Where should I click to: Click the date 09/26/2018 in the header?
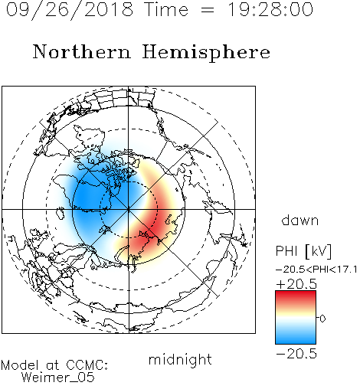click(70, 10)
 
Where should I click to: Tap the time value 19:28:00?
click(270, 9)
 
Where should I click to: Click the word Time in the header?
click(166, 9)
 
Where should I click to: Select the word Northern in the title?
click(82, 51)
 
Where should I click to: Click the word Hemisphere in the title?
click(206, 53)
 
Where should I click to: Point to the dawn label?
click(300, 220)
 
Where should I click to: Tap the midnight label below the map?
click(180, 360)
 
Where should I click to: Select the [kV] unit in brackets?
click(319, 251)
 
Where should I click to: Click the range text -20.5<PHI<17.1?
click(316, 270)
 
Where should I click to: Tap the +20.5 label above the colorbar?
click(296, 284)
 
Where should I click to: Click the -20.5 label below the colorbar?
click(296, 354)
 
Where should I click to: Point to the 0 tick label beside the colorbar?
click(322, 319)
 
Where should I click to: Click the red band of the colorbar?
click(296, 297)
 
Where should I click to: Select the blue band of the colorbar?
click(296, 337)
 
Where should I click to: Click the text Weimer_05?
click(58, 378)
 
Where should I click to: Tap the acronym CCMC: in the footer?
click(87, 365)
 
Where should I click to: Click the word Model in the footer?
click(20, 365)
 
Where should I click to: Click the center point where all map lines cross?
click(129, 209)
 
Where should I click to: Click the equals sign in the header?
click(208, 10)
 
